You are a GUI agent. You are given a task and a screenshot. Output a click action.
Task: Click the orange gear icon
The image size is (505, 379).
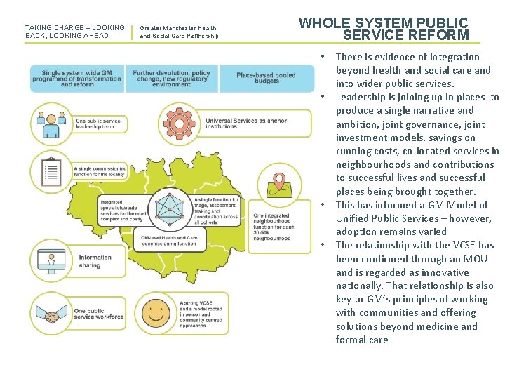coord(181,124)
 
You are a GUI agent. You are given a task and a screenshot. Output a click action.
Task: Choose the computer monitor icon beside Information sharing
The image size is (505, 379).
coord(50,261)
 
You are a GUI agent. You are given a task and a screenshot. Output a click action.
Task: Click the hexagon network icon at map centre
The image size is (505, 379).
coord(170,210)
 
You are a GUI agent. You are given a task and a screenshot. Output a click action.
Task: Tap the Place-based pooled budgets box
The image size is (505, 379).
coord(267,78)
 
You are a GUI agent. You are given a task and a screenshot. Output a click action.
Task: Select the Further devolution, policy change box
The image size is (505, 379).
coord(171,78)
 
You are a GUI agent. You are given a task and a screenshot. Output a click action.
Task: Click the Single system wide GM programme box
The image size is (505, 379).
coord(77,78)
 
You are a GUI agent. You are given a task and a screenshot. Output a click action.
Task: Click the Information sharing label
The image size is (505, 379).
coord(95,261)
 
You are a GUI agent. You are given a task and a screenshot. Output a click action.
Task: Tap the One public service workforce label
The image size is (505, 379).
coord(98,313)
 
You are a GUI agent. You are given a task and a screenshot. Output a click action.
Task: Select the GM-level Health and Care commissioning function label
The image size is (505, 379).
coord(168,241)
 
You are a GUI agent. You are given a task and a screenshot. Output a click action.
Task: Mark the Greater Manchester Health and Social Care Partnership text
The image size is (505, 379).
coord(179,32)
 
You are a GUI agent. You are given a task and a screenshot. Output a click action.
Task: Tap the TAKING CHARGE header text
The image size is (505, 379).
coord(74,32)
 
